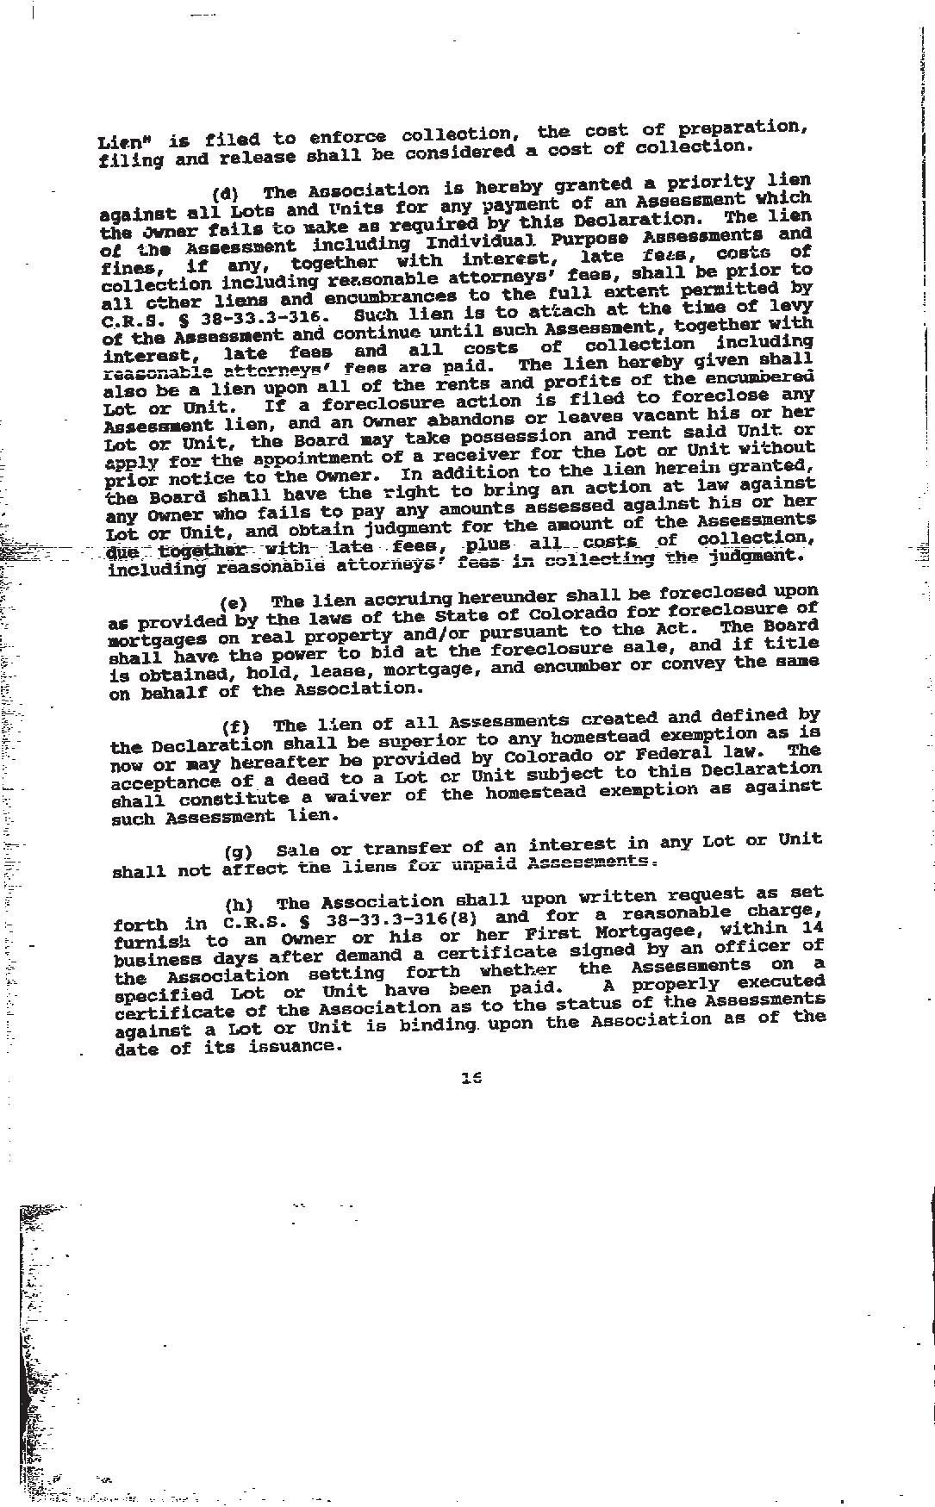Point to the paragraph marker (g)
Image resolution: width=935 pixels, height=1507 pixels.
[x=238, y=852]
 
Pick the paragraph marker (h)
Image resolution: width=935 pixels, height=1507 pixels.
[x=239, y=905]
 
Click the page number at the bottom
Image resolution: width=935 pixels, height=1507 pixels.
[x=471, y=1077]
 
